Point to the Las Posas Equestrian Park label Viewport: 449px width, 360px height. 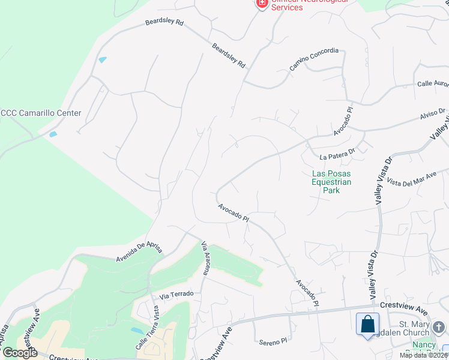pos(331,182)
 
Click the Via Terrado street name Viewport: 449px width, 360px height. pos(176,294)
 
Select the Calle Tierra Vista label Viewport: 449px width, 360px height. pos(148,328)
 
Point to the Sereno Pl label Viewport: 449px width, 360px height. pos(274,342)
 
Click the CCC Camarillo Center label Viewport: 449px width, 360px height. pos(41,113)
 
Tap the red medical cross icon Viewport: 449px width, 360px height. pos(262,4)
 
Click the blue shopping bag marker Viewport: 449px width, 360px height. pos(367,324)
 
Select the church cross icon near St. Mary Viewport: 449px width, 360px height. pos(439,327)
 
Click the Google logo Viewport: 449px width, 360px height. pos(20,353)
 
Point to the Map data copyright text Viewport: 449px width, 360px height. pos(423,355)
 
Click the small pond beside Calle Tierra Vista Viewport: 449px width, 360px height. pos(136,331)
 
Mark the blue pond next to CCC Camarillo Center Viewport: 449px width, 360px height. pos(53,134)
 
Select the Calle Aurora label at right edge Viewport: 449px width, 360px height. pos(433,84)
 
